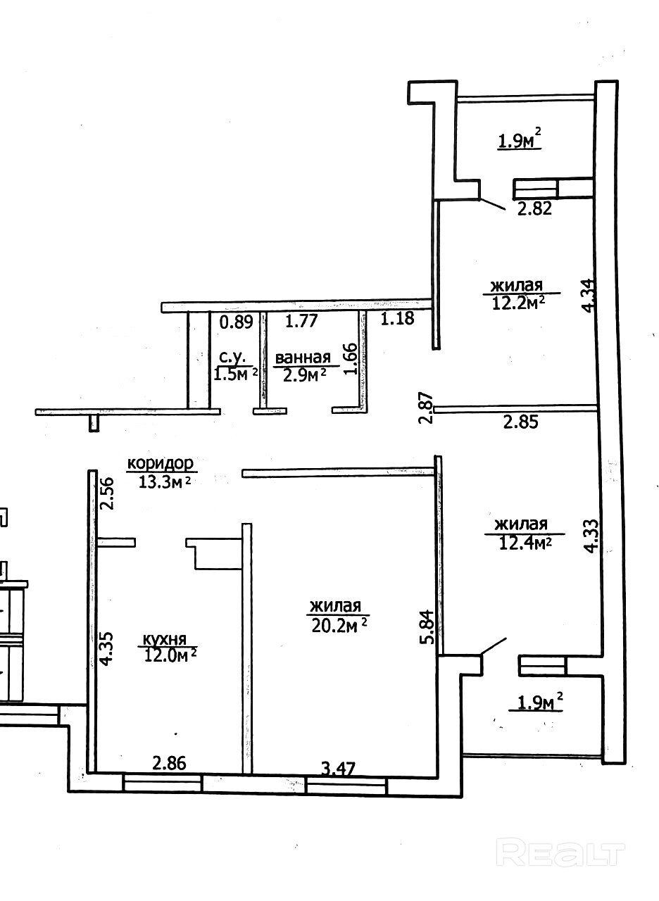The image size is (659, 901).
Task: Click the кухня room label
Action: (164, 639)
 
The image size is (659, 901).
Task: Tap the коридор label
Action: (161, 464)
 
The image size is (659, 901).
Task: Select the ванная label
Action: (303, 358)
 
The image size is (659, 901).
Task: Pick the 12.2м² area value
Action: (518, 302)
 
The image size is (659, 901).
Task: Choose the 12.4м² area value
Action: (525, 543)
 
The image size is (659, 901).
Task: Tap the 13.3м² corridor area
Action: (164, 481)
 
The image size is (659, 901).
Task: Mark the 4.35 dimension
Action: (106, 649)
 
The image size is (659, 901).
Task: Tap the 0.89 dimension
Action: (237, 322)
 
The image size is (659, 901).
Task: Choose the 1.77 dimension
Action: (301, 321)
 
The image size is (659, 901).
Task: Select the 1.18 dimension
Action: (397, 319)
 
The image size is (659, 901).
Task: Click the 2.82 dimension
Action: (534, 209)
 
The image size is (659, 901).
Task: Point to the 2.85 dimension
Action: (520, 422)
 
